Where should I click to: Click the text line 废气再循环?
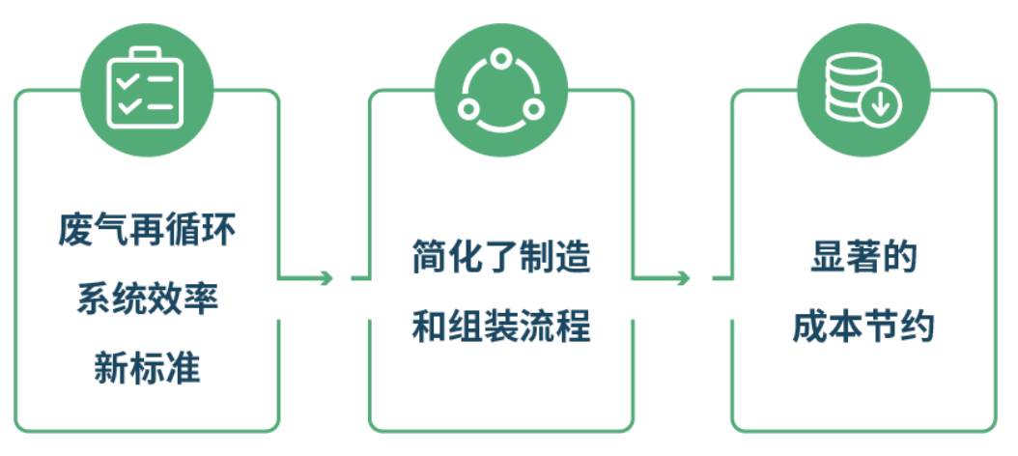coord(147,232)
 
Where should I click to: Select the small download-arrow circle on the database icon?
coord(880,105)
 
